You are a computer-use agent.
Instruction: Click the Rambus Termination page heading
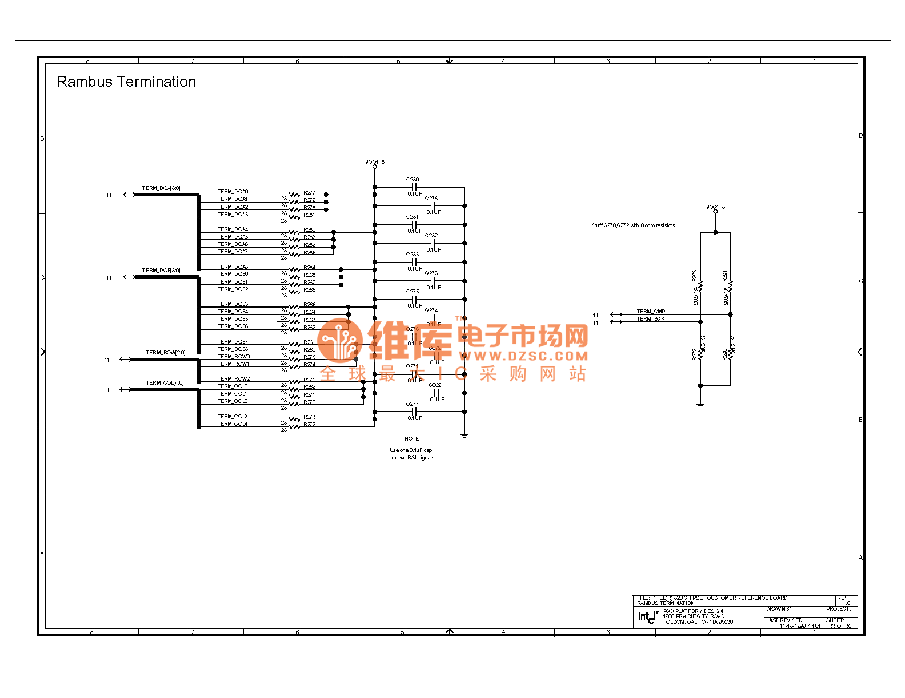pos(126,82)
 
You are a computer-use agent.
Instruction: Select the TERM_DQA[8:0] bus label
pos(161,188)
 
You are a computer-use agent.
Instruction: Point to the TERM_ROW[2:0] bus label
pos(165,353)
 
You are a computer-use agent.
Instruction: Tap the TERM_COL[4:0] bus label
pos(165,383)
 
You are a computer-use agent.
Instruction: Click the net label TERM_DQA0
pos(233,192)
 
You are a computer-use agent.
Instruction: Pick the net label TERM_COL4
pos(232,424)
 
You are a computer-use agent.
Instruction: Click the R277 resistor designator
pos(309,193)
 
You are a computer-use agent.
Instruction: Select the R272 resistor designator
pos(309,425)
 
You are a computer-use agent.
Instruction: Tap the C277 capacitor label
pos(413,404)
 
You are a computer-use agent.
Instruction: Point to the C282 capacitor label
pos(431,236)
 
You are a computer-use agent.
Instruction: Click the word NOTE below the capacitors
pos(413,439)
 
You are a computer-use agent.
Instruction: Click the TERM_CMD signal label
pos(651,312)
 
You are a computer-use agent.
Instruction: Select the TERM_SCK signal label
pos(651,319)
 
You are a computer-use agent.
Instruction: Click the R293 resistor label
pos(695,276)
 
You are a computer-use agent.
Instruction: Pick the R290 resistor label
pos(725,354)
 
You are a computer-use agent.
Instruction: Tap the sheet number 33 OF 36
pos(840,626)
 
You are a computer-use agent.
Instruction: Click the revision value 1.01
pos(847,603)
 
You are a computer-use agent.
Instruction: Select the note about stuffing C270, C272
pos(634,225)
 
